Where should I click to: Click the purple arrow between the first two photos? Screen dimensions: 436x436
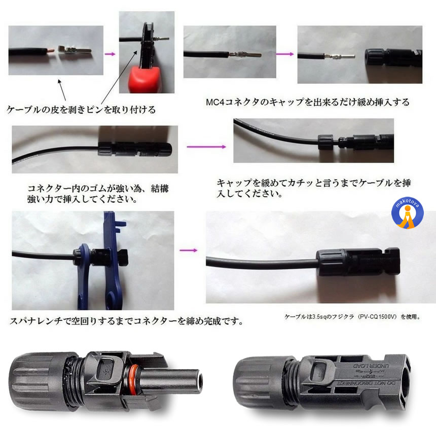click(108, 53)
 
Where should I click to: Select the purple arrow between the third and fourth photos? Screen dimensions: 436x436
click(285, 54)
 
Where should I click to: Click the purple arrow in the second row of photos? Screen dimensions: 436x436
click(206, 147)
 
